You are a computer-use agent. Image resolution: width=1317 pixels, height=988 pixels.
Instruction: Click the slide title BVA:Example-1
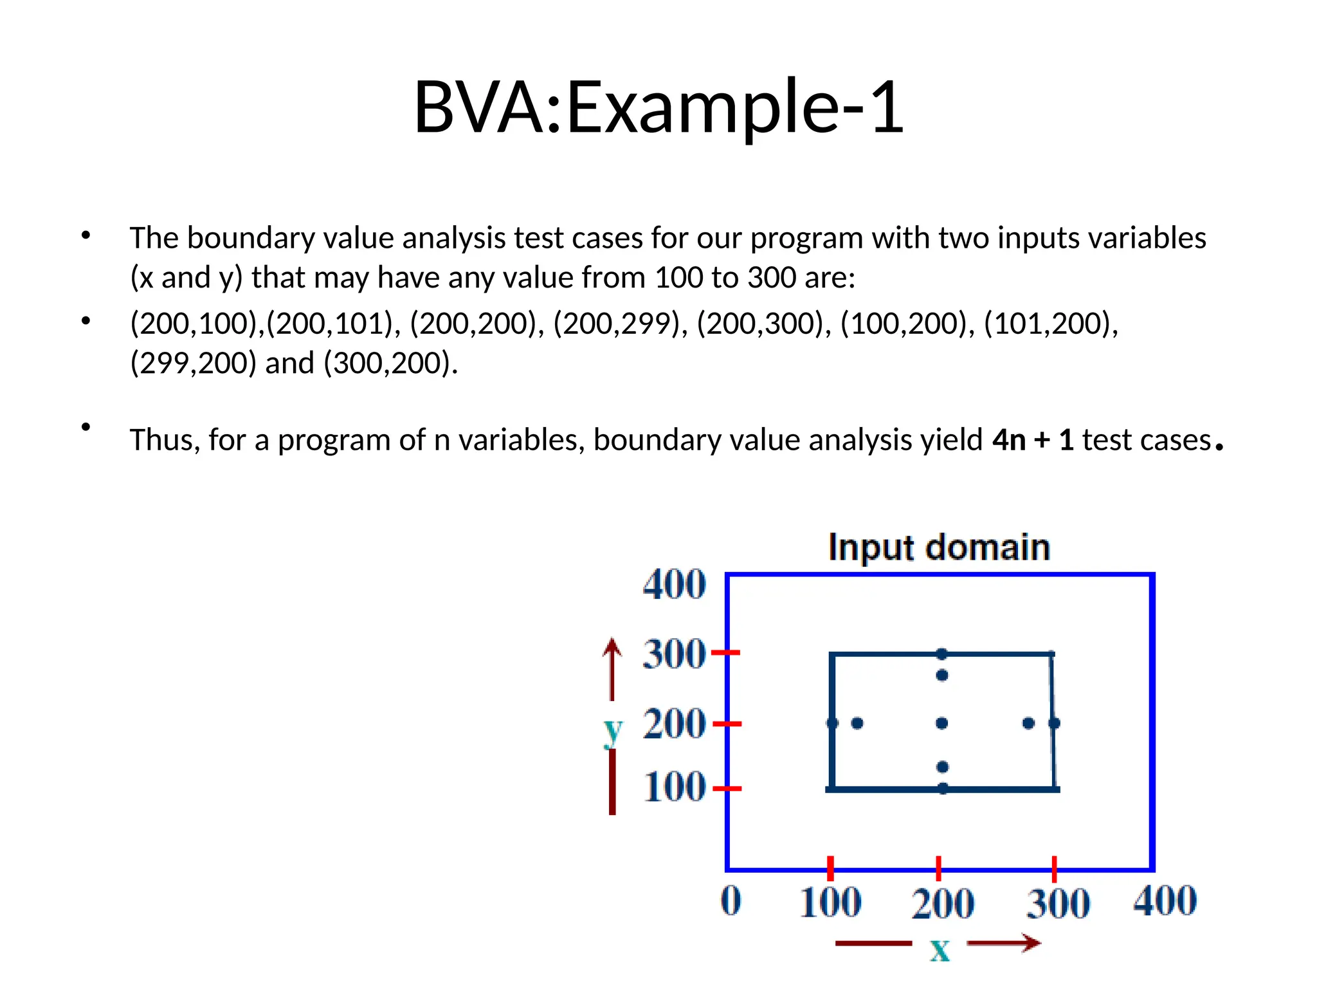click(658, 107)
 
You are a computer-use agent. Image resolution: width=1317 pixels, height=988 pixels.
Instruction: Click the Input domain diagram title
click(939, 548)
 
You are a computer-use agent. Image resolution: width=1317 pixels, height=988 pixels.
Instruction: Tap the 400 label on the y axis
click(674, 584)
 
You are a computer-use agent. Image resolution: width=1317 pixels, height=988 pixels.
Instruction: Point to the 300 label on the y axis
click(674, 654)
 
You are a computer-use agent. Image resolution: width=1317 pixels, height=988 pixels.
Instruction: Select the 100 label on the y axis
click(674, 787)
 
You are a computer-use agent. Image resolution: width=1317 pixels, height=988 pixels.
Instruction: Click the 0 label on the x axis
click(731, 901)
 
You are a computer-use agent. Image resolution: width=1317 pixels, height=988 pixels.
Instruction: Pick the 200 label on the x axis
click(942, 903)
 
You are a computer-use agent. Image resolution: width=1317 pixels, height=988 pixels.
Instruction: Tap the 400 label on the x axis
click(1165, 901)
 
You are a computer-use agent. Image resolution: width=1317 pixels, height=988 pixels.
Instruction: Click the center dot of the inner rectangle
click(942, 724)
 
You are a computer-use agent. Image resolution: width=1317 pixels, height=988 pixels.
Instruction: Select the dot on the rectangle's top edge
click(942, 654)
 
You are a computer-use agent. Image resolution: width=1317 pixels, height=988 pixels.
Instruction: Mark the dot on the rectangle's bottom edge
click(943, 789)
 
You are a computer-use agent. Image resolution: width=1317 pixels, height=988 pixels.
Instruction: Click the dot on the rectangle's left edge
click(832, 724)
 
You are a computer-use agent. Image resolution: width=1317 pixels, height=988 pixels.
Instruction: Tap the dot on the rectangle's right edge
click(1054, 724)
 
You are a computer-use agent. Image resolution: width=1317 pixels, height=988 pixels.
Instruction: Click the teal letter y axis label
click(613, 731)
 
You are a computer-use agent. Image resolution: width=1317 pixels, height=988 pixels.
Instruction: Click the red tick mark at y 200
click(728, 724)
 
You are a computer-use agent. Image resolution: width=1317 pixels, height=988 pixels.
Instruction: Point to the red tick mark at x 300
click(1054, 869)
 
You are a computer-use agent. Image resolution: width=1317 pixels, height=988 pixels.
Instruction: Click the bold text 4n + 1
click(1033, 441)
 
